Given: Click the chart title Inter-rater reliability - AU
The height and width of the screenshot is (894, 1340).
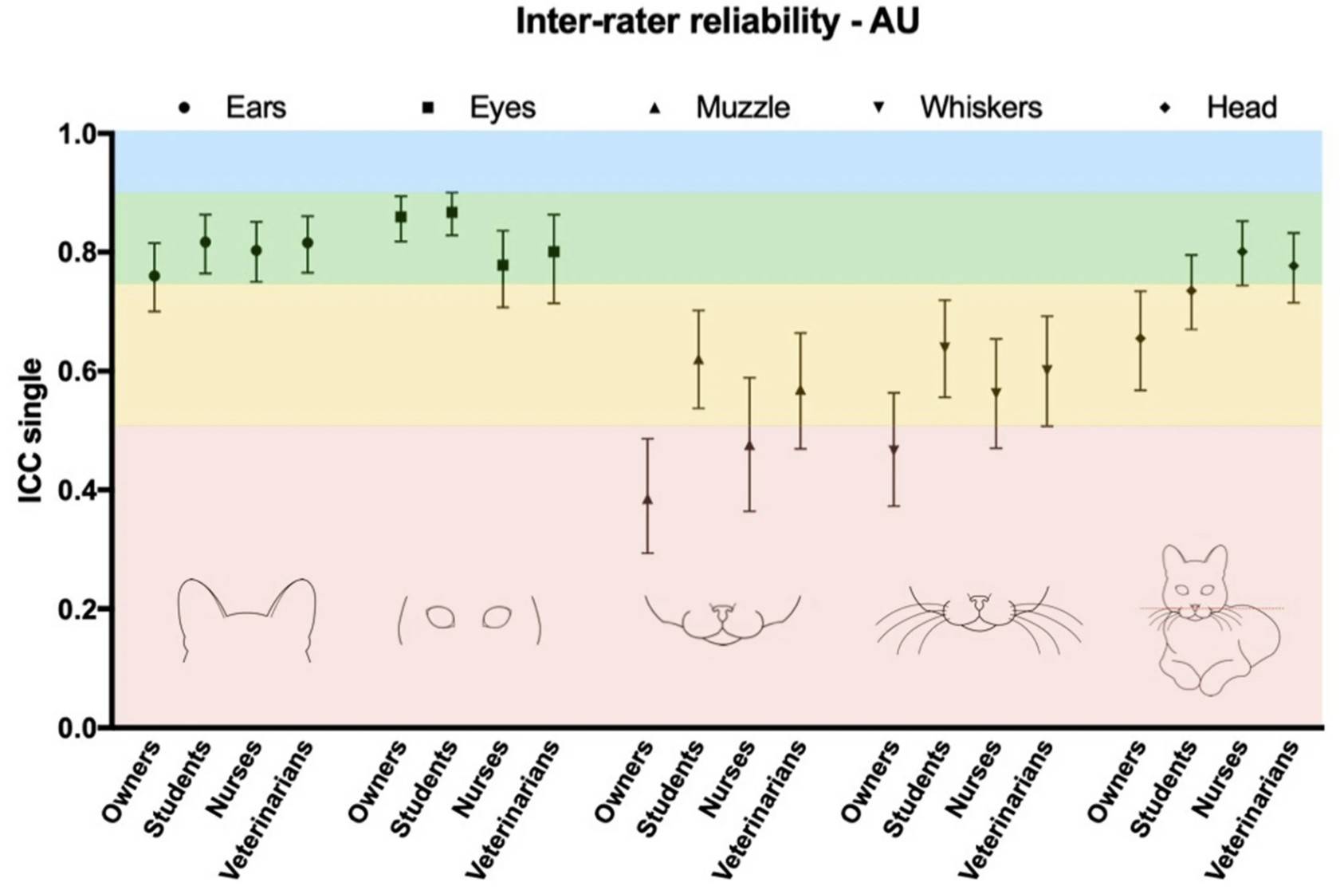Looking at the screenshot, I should click(x=717, y=22).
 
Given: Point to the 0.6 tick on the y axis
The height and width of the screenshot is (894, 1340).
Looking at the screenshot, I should click(x=80, y=372).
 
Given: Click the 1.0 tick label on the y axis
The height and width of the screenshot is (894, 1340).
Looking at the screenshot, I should click(x=80, y=134).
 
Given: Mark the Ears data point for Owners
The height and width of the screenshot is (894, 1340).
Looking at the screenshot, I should click(x=155, y=276).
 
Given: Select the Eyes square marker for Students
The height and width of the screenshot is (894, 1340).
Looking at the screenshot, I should click(x=452, y=213).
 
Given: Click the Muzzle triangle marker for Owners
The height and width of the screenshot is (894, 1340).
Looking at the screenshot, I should click(x=647, y=500).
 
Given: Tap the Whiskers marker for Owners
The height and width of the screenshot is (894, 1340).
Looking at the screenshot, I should click(x=894, y=451).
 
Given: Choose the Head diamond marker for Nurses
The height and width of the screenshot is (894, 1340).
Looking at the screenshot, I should click(x=1242, y=252).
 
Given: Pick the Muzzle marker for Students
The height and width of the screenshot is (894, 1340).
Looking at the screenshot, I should click(x=698, y=360).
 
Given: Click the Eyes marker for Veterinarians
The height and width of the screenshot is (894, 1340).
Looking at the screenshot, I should click(x=554, y=252).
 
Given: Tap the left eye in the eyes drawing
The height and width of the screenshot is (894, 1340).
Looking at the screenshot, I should click(x=441, y=617).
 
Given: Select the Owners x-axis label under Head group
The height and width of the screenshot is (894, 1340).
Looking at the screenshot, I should click(x=1116, y=782).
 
